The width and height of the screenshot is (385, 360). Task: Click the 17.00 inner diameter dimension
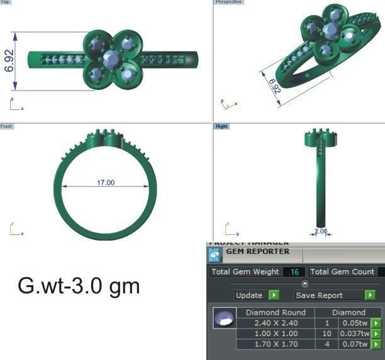[x=106, y=183]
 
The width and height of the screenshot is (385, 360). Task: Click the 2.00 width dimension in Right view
[x=321, y=231]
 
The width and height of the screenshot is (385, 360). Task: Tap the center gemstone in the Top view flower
[x=112, y=59]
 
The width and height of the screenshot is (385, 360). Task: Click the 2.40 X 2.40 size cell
[x=276, y=323]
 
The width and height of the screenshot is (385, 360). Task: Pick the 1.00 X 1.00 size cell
[x=276, y=334]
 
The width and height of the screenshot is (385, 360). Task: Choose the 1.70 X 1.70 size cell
[x=276, y=344]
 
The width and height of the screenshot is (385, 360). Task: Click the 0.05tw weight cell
[x=354, y=323]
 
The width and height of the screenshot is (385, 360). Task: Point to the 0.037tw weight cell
[x=354, y=334]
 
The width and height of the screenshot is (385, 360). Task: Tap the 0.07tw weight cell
[x=354, y=344]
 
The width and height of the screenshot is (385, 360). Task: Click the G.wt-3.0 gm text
[x=79, y=286]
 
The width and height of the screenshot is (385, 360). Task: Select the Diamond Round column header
[x=276, y=312]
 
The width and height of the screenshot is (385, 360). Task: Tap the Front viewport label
[x=6, y=126]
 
